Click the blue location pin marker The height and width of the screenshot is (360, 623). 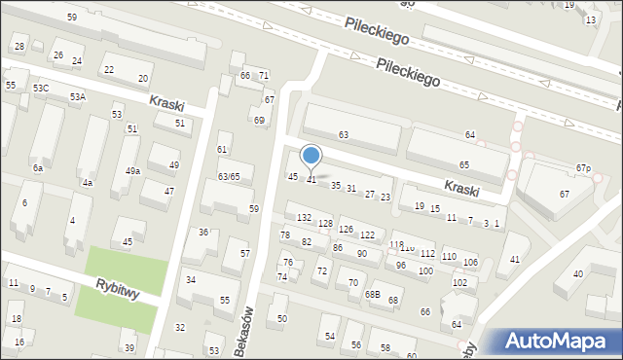311,157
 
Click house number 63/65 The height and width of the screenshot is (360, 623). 229,176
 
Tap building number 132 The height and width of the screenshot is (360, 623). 304,217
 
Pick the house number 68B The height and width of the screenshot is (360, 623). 372,294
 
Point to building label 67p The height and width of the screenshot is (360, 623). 583,168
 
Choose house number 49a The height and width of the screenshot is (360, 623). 132,170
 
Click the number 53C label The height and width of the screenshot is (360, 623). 40,89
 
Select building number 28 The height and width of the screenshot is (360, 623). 19,46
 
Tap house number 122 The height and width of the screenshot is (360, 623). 367,235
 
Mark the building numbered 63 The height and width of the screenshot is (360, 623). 343,134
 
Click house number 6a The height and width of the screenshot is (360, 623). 38,168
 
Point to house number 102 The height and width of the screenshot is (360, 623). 460,282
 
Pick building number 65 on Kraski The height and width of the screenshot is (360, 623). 464,165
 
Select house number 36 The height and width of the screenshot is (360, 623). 203,232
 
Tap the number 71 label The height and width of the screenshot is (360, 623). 263,76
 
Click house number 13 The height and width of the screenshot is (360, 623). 591,20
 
